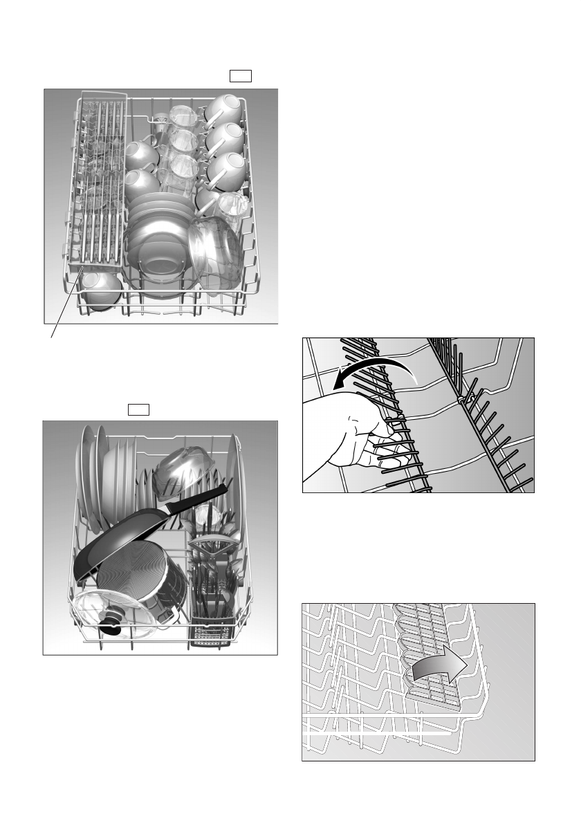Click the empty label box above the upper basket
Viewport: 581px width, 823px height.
(x=240, y=75)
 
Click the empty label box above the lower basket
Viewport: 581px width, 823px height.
(x=138, y=409)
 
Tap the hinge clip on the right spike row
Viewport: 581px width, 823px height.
(x=460, y=399)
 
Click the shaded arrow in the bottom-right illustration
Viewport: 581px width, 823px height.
(x=436, y=668)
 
